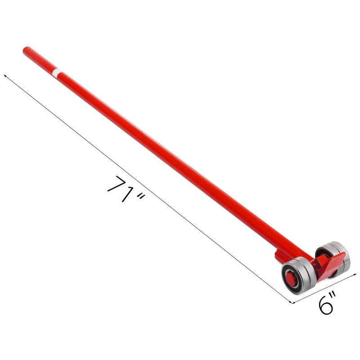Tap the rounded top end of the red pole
tap(26, 49)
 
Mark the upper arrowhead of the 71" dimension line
tap(4, 76)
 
